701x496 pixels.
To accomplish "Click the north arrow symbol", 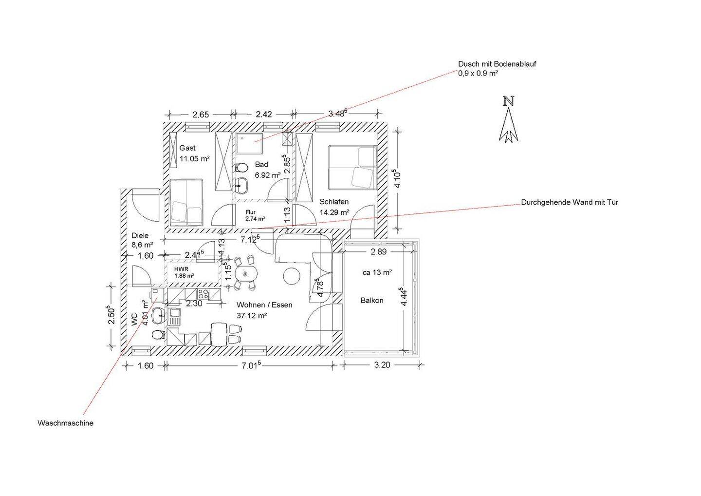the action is coord(509,120).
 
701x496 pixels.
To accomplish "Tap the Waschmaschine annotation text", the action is coord(65,423).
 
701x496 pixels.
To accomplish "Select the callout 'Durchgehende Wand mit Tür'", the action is coord(570,202).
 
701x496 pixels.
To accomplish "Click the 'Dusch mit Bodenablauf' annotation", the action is coord(498,64).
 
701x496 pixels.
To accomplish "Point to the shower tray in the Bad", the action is coord(249,143).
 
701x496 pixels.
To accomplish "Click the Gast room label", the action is coord(187,148).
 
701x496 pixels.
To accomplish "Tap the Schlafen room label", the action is coord(334,202).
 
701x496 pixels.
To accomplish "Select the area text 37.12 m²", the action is coord(252,316).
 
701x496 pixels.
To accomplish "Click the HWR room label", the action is coord(182,269).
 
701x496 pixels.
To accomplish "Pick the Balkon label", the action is coord(372,301).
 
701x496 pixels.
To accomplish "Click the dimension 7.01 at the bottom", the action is coord(249,365).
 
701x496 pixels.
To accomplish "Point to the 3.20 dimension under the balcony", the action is coord(382,365).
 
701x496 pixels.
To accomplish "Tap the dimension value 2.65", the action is coord(201,114).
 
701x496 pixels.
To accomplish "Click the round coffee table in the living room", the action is coord(292,276).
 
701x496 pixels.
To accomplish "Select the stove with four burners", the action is coord(203,294).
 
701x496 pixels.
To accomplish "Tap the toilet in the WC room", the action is coord(158,335).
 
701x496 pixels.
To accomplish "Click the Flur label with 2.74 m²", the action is coord(256,216).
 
